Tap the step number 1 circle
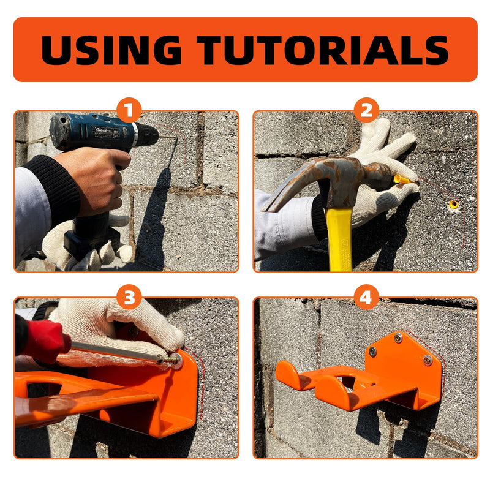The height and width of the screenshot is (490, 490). [129, 111]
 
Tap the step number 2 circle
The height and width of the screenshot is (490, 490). [366, 111]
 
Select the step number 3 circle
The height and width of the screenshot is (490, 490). [129, 298]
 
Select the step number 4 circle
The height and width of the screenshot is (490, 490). [366, 298]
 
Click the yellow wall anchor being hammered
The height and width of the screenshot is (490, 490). [402, 179]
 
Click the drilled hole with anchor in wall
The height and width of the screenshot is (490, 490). [453, 204]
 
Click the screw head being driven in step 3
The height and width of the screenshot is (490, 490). [178, 361]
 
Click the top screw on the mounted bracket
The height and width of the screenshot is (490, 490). [399, 338]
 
